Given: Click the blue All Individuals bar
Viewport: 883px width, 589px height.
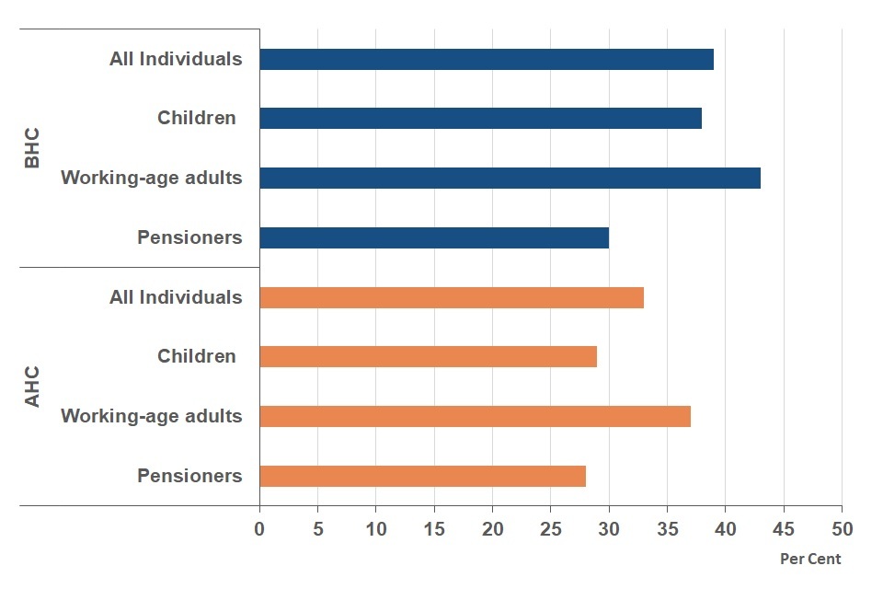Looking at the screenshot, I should click(x=487, y=59).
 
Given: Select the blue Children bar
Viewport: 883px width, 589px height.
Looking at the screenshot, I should click(x=480, y=118).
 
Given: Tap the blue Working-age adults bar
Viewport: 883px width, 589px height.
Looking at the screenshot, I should click(x=510, y=178).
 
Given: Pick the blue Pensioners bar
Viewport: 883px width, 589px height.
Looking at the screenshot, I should click(x=434, y=237).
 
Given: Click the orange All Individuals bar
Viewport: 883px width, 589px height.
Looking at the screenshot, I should click(x=452, y=297).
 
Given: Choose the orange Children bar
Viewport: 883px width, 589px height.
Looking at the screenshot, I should click(x=428, y=356).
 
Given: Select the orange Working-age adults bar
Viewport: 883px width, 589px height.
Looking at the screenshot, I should click(x=475, y=416).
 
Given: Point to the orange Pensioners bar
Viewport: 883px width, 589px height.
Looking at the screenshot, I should click(x=422, y=476).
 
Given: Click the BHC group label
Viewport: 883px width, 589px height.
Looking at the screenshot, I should click(x=32, y=148).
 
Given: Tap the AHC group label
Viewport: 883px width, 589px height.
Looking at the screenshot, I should click(x=32, y=387).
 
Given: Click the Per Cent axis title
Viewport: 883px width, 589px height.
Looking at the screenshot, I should click(x=810, y=559).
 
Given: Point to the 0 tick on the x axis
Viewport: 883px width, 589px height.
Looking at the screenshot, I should click(x=259, y=529).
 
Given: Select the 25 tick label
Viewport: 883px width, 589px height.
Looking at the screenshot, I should click(x=550, y=529).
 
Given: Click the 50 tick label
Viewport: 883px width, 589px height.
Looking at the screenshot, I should click(x=842, y=529).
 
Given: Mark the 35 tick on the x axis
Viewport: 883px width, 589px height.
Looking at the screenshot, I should click(x=667, y=529).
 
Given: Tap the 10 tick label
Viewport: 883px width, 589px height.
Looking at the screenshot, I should click(x=375, y=529).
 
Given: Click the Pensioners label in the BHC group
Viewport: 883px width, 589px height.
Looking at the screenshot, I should click(x=189, y=237).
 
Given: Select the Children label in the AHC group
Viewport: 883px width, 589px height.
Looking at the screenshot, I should click(x=196, y=356).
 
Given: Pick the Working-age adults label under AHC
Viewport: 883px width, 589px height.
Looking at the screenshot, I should click(x=152, y=416).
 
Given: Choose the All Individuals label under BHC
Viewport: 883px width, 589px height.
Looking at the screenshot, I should click(x=176, y=59).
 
